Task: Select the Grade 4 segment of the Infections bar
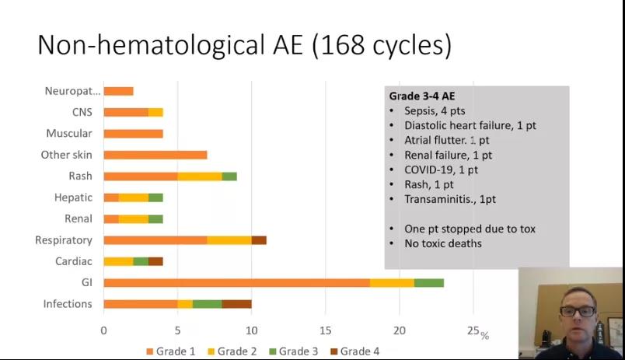[236, 304]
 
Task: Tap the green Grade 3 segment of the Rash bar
[229, 176]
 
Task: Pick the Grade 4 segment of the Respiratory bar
[259, 240]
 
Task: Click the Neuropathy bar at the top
[118, 91]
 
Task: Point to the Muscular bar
[133, 134]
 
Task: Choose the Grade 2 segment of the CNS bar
[155, 112]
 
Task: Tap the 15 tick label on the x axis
[326, 330]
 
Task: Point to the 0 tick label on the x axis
[103, 330]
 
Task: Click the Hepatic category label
[73, 197]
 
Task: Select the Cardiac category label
[73, 261]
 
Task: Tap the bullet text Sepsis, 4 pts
[435, 111]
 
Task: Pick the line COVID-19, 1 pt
[441, 170]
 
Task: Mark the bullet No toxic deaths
[443, 243]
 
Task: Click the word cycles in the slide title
[407, 45]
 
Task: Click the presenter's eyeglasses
[577, 311]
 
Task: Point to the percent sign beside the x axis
[484, 336]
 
